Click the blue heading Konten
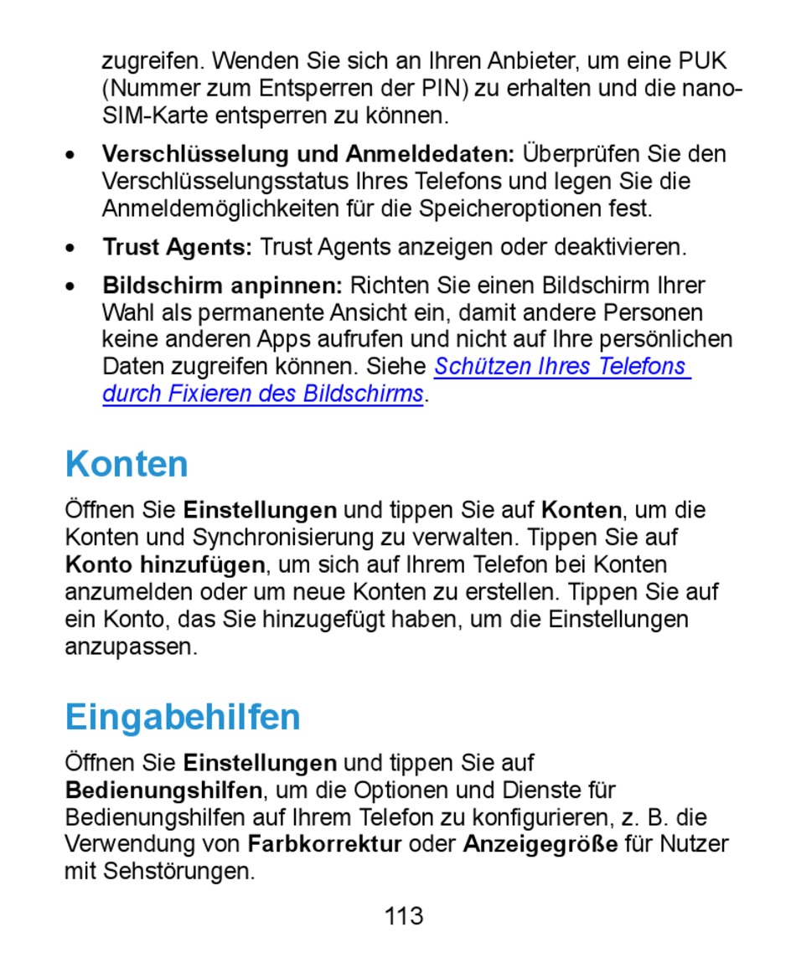(127, 464)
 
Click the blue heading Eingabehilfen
(183, 718)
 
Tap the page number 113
(404, 916)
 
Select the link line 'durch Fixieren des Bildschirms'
(262, 394)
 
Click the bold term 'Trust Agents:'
(177, 248)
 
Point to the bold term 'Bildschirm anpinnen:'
(222, 286)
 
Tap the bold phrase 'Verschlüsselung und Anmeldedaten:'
(308, 154)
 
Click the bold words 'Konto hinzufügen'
(165, 564)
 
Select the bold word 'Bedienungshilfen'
(164, 790)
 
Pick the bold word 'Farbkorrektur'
(325, 844)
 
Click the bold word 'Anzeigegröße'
(540, 844)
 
